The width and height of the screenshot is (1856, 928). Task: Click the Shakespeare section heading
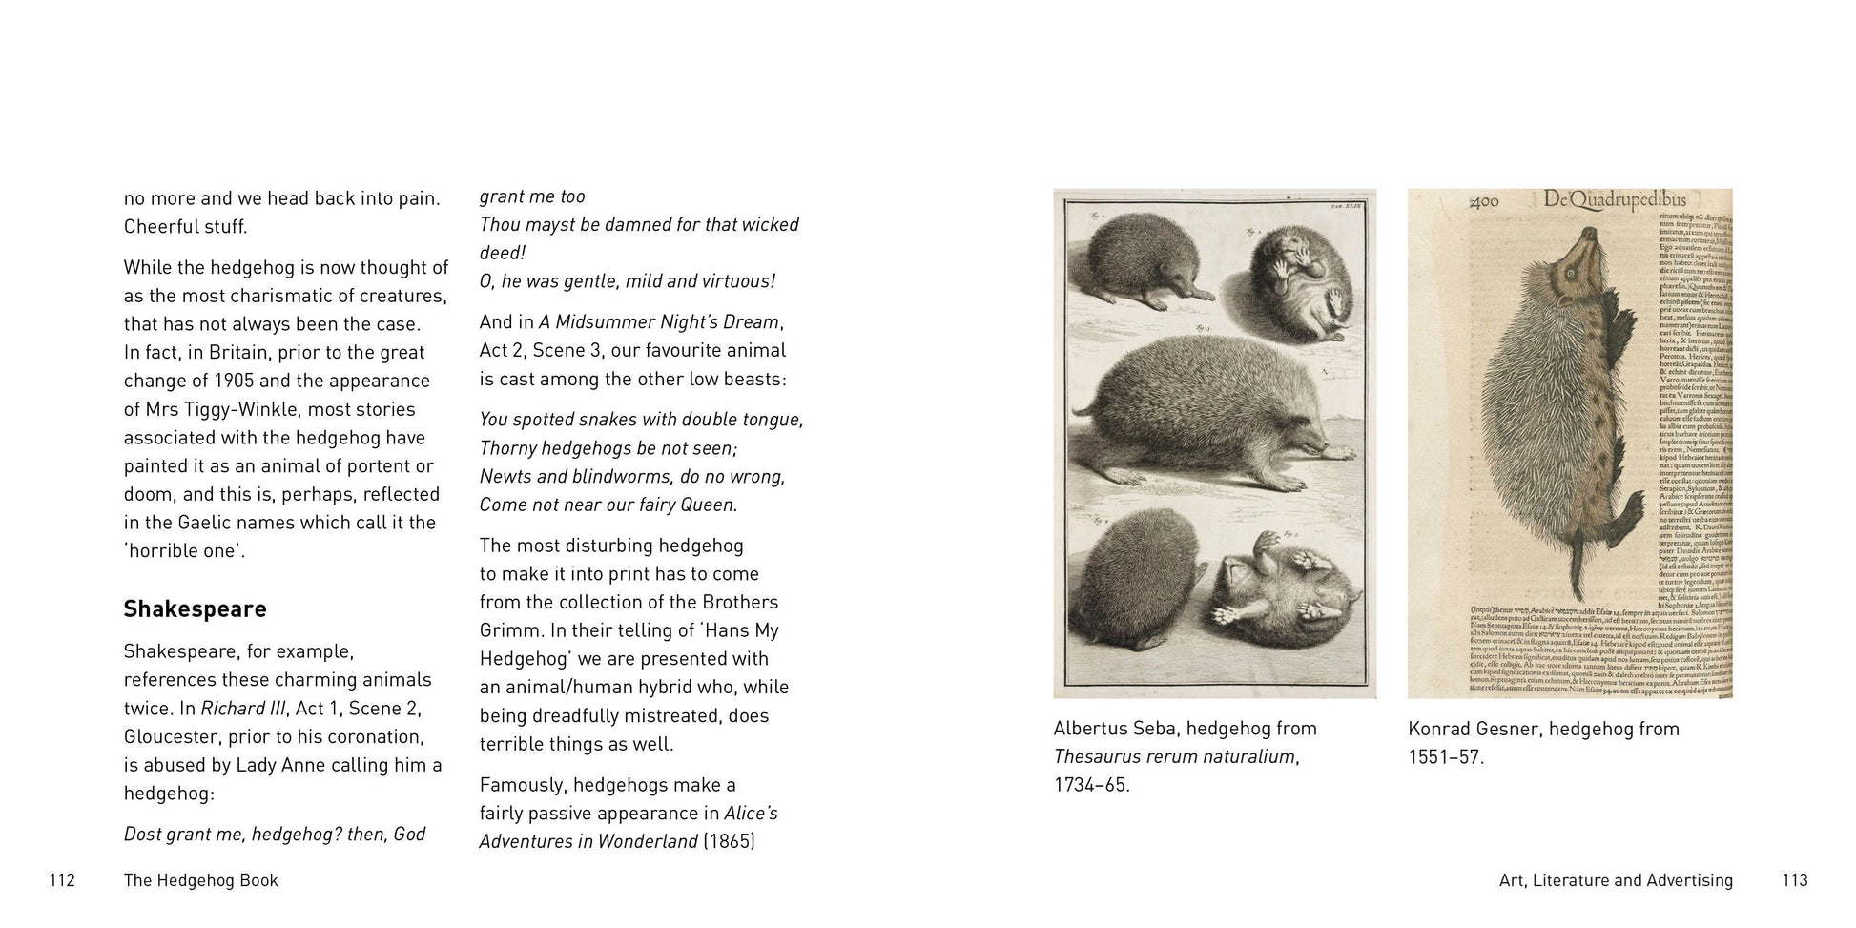[195, 609]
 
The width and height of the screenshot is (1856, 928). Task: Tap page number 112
[62, 880]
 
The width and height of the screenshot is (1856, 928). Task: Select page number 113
[1794, 880]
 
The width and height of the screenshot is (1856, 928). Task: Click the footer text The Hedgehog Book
[200, 880]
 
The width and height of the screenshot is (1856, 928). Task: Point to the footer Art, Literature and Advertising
[1616, 880]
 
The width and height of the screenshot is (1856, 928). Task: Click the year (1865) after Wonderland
[729, 842]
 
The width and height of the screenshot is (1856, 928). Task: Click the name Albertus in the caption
[1094, 729]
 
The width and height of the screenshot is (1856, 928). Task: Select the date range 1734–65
[1091, 785]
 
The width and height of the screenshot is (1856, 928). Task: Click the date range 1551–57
[1446, 757]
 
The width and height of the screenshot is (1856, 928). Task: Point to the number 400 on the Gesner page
[1484, 202]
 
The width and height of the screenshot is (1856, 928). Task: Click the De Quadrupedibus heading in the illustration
[1614, 200]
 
